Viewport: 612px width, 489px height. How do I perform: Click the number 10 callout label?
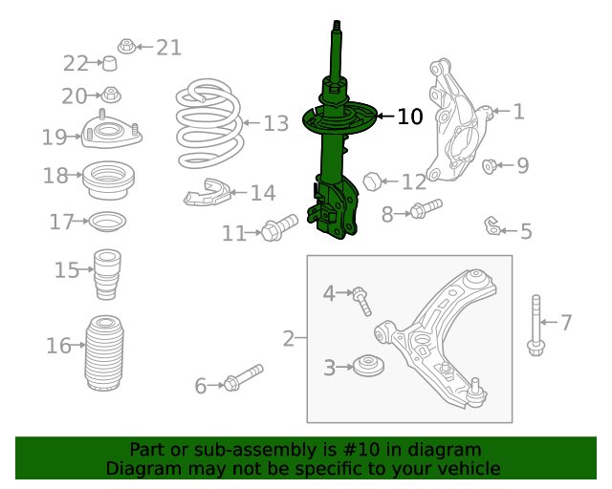click(x=409, y=117)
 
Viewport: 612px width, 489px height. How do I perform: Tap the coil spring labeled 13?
click(x=208, y=124)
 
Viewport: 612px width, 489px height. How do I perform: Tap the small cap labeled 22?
click(x=110, y=64)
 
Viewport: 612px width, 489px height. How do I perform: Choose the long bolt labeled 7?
click(x=535, y=326)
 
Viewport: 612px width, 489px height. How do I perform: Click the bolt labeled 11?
click(x=279, y=229)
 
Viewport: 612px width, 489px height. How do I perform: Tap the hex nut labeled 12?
click(x=374, y=180)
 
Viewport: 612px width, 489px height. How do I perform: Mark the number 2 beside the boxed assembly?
click(x=289, y=338)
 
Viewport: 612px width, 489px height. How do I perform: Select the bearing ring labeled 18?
click(x=109, y=180)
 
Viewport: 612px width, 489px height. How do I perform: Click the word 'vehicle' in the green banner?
click(x=466, y=468)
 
